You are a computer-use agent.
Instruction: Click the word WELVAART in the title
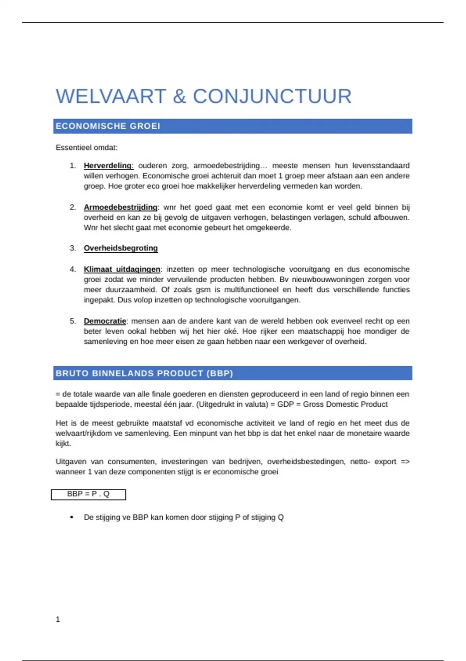coord(111,96)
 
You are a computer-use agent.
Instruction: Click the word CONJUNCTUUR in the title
coord(272,96)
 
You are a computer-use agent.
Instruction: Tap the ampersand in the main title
coord(179,96)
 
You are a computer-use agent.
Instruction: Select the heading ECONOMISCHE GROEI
coord(108,126)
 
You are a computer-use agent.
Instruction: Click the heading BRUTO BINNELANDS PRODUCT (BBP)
coord(144,373)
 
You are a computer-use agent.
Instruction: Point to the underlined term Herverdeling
coord(108,166)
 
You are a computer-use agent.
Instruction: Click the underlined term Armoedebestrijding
coord(120,207)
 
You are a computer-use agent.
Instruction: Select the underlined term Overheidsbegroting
coord(121,248)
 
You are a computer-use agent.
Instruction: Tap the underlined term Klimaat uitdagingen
coord(122,269)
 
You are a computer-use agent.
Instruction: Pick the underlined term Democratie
coord(105,321)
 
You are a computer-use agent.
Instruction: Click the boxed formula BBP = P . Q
coord(89,494)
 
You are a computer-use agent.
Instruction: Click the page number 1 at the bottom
coord(58,619)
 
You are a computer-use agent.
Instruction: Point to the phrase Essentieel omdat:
coord(86,148)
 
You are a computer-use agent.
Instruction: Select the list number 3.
coord(73,248)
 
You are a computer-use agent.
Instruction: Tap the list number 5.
coord(73,321)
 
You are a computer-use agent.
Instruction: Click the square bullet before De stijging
coord(72,518)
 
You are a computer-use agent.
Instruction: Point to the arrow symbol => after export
coord(405,462)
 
